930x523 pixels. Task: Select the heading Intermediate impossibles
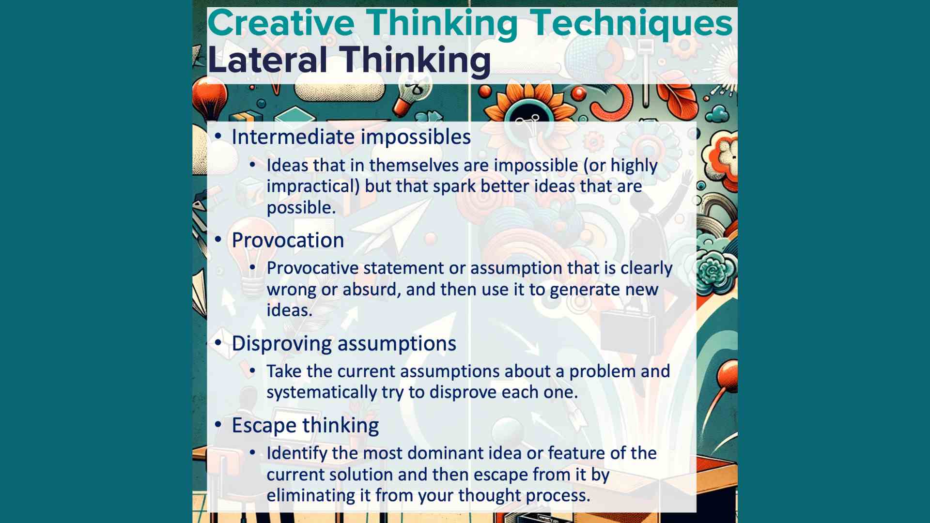coord(351,137)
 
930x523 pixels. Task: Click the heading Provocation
coord(288,240)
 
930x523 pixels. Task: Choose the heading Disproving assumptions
coord(344,343)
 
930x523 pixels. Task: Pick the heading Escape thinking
coord(305,425)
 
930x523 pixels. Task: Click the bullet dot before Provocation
coord(218,239)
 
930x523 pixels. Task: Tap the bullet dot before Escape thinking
coord(218,424)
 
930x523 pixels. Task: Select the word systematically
coord(321,392)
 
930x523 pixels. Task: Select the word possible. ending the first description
coord(301,208)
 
